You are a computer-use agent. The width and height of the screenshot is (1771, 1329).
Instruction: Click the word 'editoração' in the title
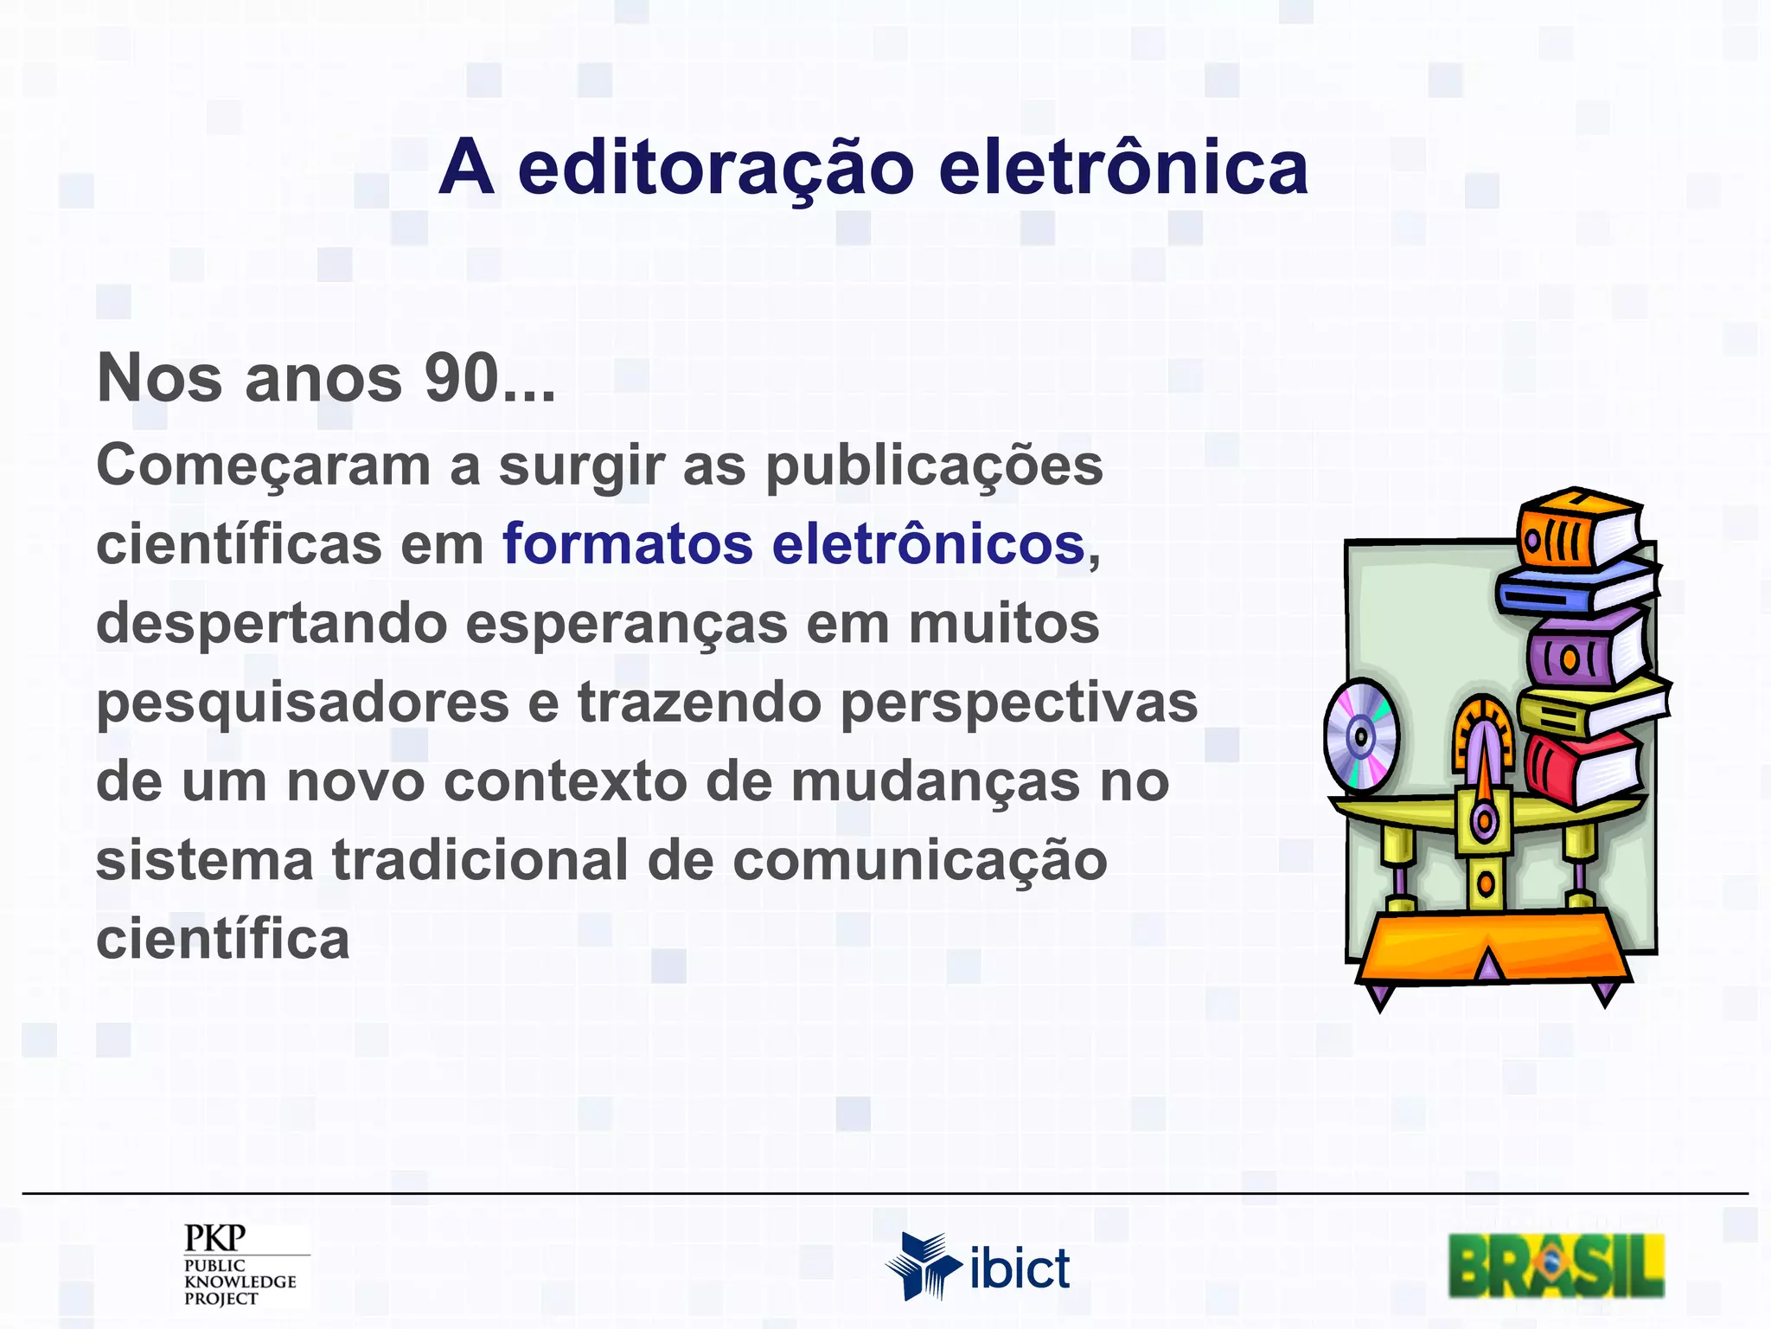point(715,169)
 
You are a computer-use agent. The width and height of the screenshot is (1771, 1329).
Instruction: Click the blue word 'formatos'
point(628,544)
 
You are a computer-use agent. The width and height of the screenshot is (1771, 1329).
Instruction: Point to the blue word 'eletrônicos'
point(928,544)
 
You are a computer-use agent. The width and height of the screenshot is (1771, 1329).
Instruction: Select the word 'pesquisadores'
point(303,703)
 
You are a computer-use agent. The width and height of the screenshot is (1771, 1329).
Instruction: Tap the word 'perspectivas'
point(1019,703)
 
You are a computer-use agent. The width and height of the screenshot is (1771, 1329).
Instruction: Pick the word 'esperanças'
point(627,625)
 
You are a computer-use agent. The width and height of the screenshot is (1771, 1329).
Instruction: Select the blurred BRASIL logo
point(1556,1267)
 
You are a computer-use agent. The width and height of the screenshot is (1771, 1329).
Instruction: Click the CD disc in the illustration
point(1361,737)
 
